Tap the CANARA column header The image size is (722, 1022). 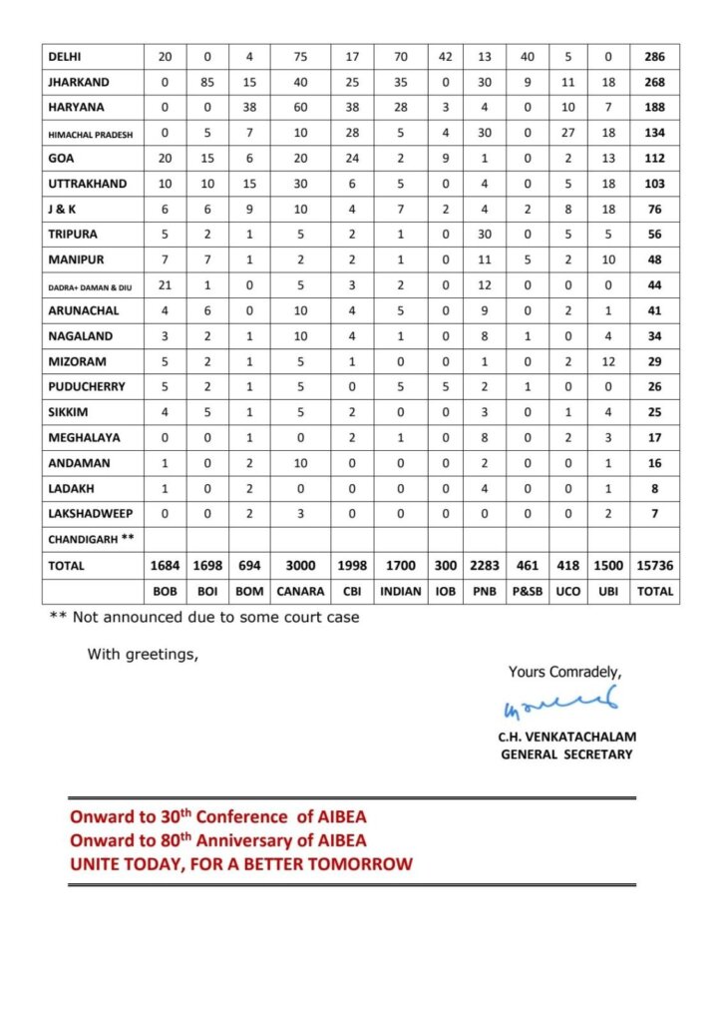302,591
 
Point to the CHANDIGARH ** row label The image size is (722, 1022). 91,539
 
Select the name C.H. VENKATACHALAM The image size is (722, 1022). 566,737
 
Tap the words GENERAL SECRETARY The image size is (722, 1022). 566,754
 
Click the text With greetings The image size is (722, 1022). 143,655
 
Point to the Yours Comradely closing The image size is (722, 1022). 564,672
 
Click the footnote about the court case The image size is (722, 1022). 204,617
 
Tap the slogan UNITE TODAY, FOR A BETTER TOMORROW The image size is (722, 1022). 240,863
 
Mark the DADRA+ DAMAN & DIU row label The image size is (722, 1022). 91,286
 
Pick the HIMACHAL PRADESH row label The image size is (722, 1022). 92,134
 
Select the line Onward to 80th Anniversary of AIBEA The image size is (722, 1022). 218,840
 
